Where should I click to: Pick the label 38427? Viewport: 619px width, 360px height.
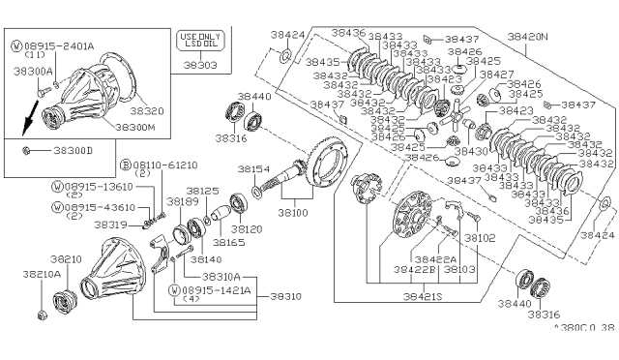pyautogui.click(x=498, y=74)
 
